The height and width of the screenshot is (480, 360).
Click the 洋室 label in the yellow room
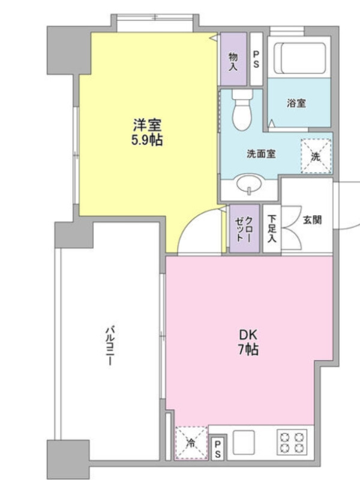point(147,125)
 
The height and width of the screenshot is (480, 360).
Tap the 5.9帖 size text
point(147,140)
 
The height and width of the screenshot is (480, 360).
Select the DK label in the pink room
point(248,335)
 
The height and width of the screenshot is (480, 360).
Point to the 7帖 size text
point(248,349)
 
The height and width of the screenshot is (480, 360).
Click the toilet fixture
point(242,110)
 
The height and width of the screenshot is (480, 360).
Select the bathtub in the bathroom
point(299,58)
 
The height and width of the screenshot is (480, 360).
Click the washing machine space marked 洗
point(316,156)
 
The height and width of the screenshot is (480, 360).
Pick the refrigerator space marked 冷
point(191,442)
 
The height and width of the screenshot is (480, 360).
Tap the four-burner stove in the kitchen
point(292,442)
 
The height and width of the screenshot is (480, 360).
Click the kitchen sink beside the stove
point(244,442)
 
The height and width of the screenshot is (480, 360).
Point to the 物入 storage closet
point(233,59)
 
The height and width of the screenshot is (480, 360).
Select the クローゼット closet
point(244,229)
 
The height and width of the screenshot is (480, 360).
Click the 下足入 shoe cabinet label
point(272,229)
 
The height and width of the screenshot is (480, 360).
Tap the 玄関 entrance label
point(312,220)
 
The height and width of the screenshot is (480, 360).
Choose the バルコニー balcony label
point(110,346)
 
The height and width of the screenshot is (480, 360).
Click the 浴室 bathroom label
point(296,103)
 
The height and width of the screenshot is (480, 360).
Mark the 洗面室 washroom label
point(261,154)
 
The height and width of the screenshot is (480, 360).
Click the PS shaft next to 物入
point(256,59)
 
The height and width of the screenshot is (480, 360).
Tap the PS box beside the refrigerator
point(218,449)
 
